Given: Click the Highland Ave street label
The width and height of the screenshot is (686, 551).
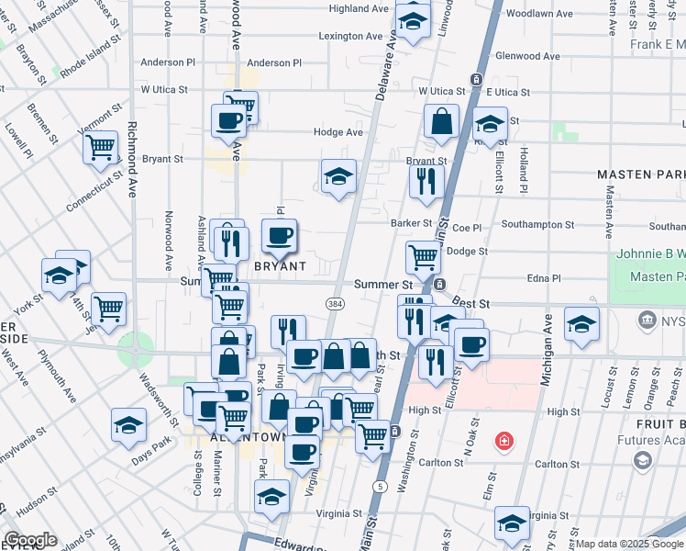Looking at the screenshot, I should tap(359, 8).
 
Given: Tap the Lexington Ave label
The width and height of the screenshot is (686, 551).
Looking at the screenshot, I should tap(350, 36).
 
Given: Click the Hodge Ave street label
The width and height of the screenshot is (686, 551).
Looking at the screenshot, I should tap(338, 132).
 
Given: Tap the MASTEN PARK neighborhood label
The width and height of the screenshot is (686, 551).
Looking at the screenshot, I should tap(641, 174).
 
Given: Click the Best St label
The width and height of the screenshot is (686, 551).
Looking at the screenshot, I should tap(472, 302).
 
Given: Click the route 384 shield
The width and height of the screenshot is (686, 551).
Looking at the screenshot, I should tap(333, 302).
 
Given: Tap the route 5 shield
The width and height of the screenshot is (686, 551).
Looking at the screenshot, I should tap(379, 485).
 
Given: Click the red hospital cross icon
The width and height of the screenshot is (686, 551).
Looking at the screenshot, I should tap(503, 443).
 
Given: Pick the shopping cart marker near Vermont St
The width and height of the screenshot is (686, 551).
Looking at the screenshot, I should tap(100, 146).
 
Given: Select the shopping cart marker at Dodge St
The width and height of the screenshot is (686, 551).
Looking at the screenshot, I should tap(422, 256).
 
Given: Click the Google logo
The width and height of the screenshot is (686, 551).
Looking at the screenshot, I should tap(30, 540).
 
